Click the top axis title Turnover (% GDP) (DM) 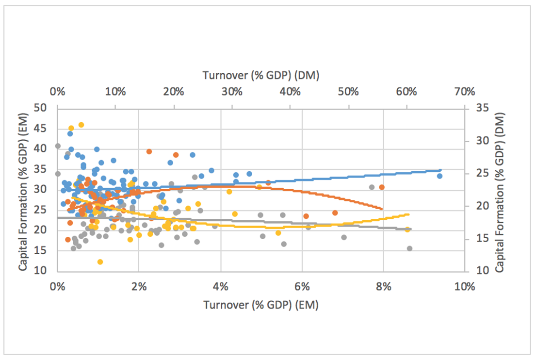click(260, 75)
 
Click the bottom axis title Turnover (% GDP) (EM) click(260, 305)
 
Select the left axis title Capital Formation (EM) click(22, 189)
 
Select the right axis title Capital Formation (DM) click(500, 189)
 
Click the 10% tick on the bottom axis click(464, 286)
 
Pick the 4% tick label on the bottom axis click(220, 286)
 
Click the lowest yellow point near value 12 click(100, 262)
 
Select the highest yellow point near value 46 click(81, 125)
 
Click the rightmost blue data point click(439, 176)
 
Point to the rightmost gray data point click(409, 248)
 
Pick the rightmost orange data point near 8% click(382, 187)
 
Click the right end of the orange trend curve click(383, 209)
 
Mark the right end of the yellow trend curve click(410, 214)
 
